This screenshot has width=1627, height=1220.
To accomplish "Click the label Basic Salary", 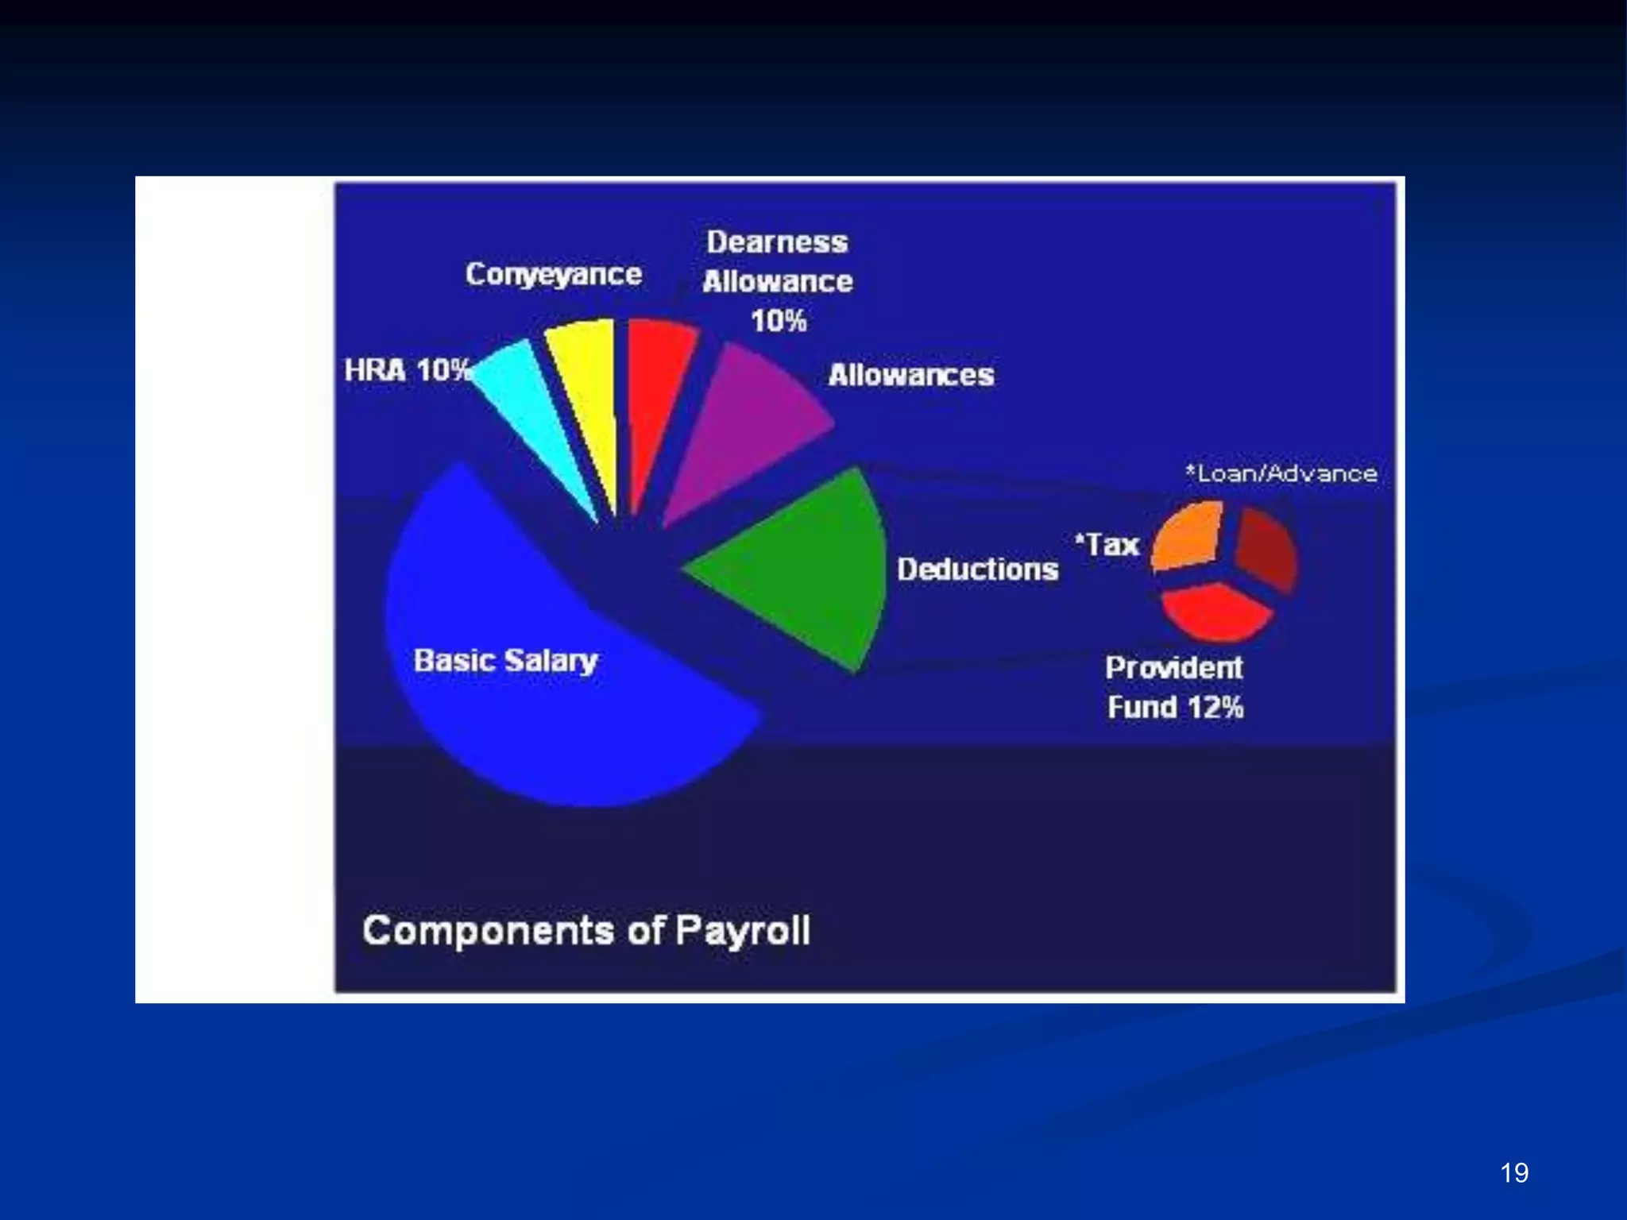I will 505,661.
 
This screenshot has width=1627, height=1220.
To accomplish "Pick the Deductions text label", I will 977,569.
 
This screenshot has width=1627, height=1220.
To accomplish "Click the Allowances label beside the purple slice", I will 910,375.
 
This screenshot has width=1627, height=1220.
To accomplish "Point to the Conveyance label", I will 553,274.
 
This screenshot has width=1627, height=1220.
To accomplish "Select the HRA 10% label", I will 407,370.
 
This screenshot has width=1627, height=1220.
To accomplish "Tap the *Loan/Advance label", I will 1281,473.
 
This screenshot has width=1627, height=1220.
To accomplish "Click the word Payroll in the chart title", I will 742,931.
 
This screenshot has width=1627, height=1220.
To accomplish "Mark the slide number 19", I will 1514,1173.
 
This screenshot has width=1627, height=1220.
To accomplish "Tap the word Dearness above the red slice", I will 777,242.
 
